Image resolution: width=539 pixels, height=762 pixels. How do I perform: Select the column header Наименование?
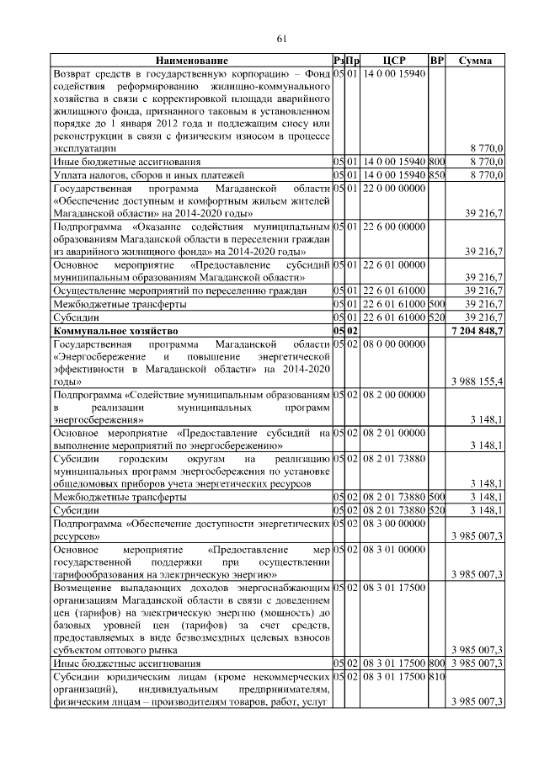coord(190,61)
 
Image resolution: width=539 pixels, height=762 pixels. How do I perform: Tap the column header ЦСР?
coord(394,61)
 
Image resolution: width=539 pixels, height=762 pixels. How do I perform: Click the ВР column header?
coord(436,61)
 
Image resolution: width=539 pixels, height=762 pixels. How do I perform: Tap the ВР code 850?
coord(436,174)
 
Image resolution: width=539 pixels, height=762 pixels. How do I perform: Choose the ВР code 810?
coord(436,677)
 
